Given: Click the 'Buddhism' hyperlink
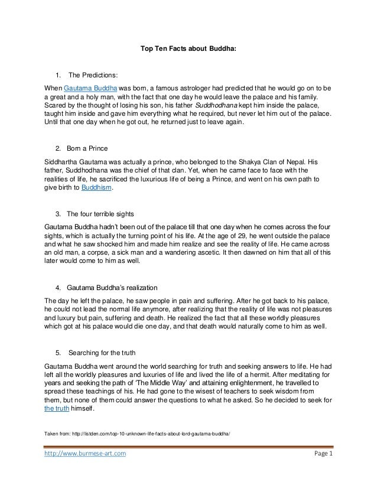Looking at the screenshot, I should tap(96, 188).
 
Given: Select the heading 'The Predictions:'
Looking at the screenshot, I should tap(93, 76).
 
